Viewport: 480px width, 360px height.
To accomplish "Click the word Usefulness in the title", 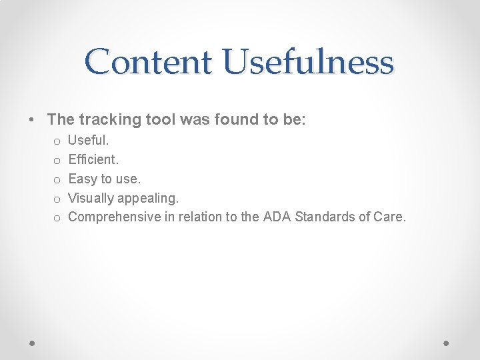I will pos(309,61).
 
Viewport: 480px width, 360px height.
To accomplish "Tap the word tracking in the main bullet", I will pos(110,120).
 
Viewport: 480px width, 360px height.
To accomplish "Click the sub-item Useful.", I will pos(89,141).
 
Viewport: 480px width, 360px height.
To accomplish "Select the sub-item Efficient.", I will pos(93,160).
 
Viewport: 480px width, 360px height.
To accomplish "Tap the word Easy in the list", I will pos(83,179).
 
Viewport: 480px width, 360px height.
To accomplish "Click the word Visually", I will pos(91,198).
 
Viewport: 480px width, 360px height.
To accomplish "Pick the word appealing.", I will pos(148,198).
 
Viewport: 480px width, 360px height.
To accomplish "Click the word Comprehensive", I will pos(115,217).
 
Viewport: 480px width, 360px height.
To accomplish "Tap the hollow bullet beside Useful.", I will pos(57,141).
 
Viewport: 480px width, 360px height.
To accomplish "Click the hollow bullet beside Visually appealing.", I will pos(57,199).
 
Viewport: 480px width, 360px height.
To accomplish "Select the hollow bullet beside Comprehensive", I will pos(57,217).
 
